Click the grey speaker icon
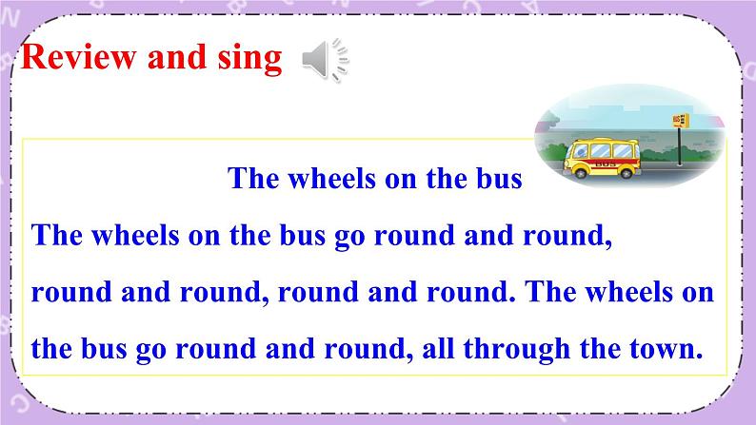(325, 61)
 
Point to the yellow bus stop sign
(679, 121)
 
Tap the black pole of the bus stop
(678, 152)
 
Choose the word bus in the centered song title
(499, 178)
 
